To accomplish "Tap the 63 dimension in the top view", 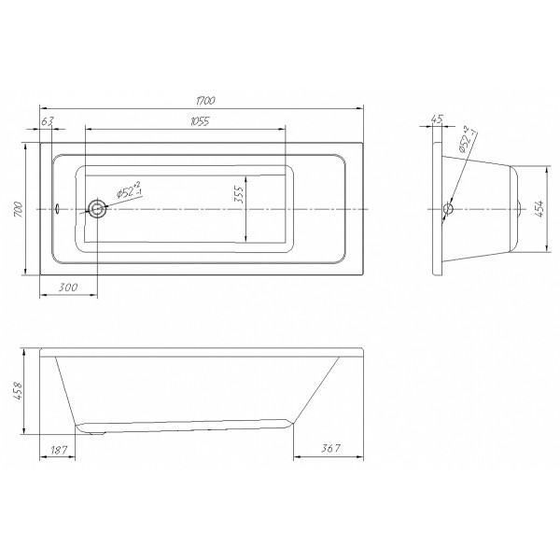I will tap(49, 119).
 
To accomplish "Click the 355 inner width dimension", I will tap(239, 195).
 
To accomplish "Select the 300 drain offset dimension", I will tap(67, 287).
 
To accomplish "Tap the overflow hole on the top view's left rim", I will tap(56, 209).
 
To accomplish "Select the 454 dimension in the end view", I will tap(539, 211).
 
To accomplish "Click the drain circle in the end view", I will tap(448, 209).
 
